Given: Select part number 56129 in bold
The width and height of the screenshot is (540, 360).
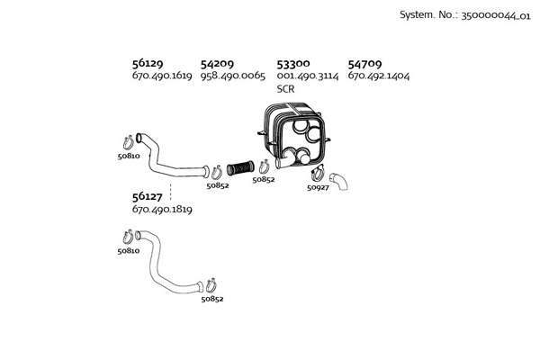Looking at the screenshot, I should (148, 64).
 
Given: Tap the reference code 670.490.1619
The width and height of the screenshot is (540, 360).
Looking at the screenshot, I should (162, 76).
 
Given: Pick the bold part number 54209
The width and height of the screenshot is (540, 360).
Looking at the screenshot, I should (217, 64).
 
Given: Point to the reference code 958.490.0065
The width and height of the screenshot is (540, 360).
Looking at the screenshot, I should (232, 76).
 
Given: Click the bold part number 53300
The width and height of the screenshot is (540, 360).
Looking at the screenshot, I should (293, 64).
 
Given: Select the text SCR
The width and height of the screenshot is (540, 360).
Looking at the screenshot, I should (285, 89).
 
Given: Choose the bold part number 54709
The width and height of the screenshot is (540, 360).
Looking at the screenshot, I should (364, 64).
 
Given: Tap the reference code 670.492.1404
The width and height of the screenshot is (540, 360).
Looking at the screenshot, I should (378, 76).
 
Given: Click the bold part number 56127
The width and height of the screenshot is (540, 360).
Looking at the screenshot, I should (148, 196).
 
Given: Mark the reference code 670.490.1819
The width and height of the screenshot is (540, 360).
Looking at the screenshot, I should (162, 209).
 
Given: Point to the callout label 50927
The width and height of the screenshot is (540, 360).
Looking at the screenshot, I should (319, 187).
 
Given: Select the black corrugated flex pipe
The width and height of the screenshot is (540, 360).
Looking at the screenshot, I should (240, 167).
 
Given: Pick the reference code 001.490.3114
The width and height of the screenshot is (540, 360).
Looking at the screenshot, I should (307, 76).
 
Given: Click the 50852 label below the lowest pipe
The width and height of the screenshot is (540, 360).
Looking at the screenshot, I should (212, 298).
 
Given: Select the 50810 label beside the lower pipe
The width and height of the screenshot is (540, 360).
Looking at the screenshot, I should (128, 251).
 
